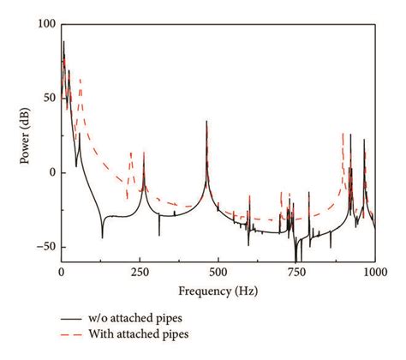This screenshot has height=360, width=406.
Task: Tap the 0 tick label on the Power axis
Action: [x=50, y=173]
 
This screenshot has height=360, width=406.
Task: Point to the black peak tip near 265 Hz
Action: [x=144, y=153]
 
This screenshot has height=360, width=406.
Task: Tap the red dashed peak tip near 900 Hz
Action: [x=343, y=134]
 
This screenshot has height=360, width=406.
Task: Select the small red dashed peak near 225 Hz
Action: [x=131, y=153]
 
